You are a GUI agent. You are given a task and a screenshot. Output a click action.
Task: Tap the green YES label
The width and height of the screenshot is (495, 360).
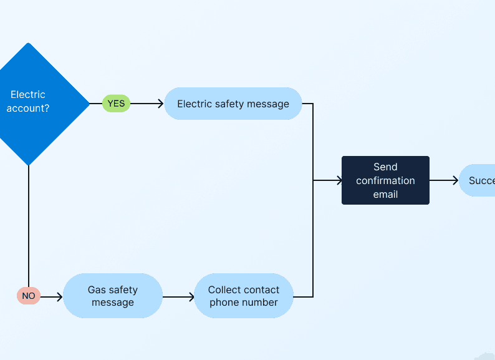(x=116, y=104)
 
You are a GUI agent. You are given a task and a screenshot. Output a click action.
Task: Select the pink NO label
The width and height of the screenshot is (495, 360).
(x=29, y=296)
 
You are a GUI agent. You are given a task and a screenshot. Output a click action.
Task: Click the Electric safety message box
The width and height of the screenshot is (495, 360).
(x=233, y=104)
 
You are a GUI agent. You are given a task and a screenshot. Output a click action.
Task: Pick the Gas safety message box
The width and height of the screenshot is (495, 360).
(x=113, y=296)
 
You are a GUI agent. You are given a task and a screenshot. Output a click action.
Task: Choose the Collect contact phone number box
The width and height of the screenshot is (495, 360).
(x=244, y=296)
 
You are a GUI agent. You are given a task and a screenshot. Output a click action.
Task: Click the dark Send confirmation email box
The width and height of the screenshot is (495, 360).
(x=385, y=180)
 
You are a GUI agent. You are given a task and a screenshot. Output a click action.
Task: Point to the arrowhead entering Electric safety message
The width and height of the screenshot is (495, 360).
(x=160, y=104)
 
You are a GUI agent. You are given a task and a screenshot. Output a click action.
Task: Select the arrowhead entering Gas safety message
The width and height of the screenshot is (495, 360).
(x=59, y=297)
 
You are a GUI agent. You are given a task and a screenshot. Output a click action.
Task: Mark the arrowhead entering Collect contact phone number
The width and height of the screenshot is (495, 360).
(x=191, y=297)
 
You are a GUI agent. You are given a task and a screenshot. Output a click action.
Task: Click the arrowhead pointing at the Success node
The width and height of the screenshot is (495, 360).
(x=455, y=180)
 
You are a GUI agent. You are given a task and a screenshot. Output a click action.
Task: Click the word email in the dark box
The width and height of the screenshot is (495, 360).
(x=385, y=194)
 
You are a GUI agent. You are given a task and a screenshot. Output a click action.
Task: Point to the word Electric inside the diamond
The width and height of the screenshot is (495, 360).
(x=28, y=95)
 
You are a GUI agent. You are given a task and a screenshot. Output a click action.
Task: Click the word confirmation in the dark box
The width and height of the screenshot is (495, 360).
(x=385, y=180)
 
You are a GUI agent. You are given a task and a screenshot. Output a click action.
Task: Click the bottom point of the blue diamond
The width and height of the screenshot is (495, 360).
(x=29, y=165)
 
